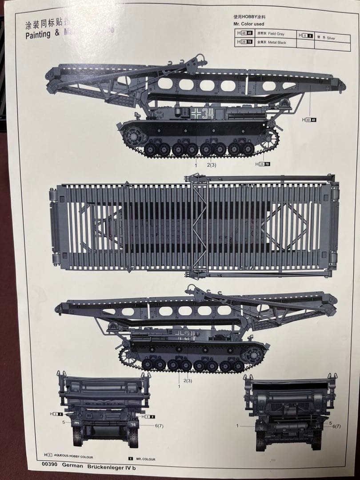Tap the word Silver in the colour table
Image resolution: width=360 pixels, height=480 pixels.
[331, 38]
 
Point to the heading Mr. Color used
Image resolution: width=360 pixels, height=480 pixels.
[249, 24]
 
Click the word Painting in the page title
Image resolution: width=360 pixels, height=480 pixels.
[38, 35]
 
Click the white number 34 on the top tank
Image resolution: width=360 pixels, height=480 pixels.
[208, 114]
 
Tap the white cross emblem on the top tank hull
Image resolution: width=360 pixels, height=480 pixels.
[196, 113]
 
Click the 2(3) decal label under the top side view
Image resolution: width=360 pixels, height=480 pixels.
[212, 165]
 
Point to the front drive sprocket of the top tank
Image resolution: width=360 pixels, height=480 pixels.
[269, 138]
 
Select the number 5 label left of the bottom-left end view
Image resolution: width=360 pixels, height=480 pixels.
[64, 422]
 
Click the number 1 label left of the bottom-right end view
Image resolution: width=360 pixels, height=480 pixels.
[237, 425]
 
